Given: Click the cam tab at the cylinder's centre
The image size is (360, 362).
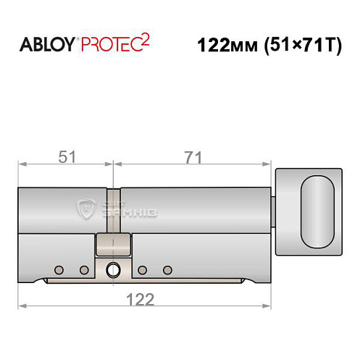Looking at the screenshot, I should point(113,245).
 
